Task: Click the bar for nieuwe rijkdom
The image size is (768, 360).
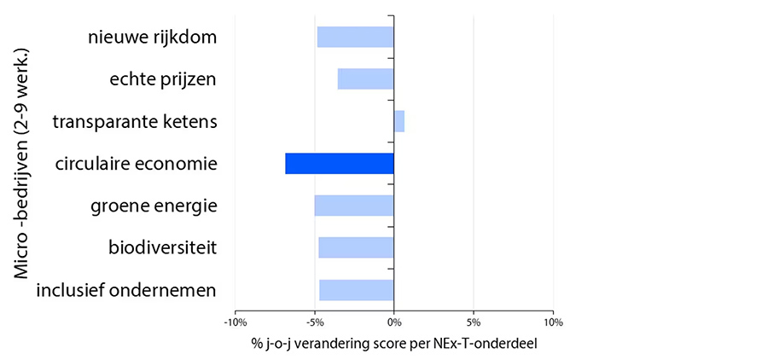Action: coord(355,37)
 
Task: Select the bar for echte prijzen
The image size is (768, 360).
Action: coord(365,79)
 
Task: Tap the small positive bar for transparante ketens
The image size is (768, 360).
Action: coord(399,121)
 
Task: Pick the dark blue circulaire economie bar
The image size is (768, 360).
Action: coord(340,163)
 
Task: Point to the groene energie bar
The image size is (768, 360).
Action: coord(354,206)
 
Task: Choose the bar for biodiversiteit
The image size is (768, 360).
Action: coord(356,247)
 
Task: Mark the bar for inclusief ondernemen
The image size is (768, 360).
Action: coord(356,290)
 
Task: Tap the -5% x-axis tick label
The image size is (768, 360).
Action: coord(314,322)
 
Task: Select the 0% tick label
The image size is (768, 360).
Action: coord(393,322)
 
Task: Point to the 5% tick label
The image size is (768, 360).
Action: coord(474,322)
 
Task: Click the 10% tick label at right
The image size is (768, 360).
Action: coord(553,322)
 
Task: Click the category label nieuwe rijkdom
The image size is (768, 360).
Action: coord(152,38)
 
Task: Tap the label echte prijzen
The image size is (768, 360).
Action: coord(163,79)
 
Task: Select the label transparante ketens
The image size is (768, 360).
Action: coord(134,122)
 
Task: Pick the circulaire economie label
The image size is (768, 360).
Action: coord(135,164)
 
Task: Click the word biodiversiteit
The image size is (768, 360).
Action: coord(162,248)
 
